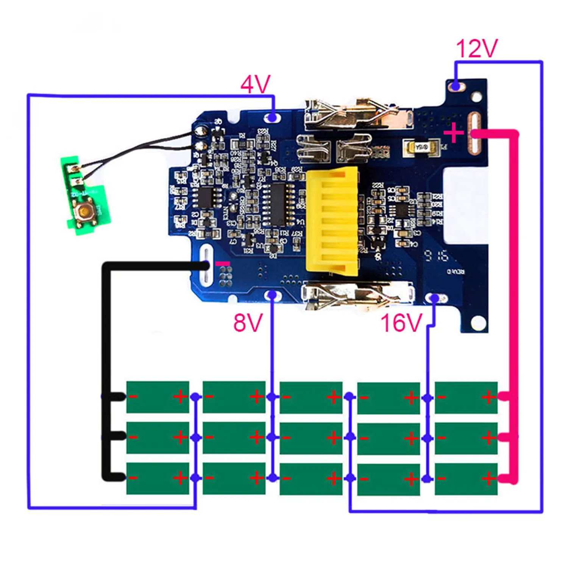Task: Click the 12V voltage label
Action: click(476, 49)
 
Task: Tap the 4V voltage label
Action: click(256, 84)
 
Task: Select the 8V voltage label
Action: click(248, 323)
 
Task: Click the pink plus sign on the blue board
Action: click(453, 133)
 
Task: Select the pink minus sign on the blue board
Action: click(222, 263)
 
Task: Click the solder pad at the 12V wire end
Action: click(456, 86)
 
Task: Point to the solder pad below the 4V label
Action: click(272, 118)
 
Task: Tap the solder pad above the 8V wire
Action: click(272, 295)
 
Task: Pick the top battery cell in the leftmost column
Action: click(158, 397)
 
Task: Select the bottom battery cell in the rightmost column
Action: click(466, 479)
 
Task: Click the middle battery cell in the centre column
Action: click(311, 438)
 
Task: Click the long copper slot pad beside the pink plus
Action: click(474, 133)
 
